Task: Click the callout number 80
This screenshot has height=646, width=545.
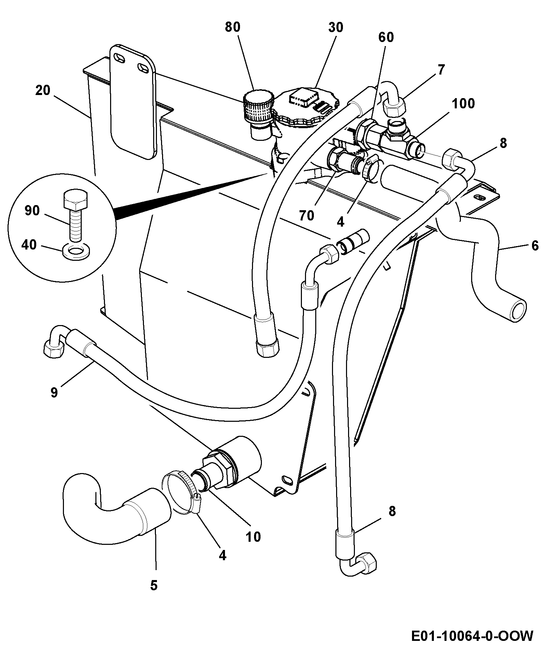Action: click(x=233, y=27)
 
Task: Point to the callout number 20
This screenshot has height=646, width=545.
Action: click(x=42, y=91)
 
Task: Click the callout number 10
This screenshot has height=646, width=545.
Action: click(x=253, y=537)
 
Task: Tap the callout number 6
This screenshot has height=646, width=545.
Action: click(x=534, y=245)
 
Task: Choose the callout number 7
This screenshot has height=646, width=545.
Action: click(x=441, y=70)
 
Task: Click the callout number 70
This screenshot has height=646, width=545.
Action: click(x=306, y=215)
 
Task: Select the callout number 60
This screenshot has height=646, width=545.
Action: click(x=386, y=37)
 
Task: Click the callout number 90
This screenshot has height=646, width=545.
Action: click(x=32, y=211)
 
